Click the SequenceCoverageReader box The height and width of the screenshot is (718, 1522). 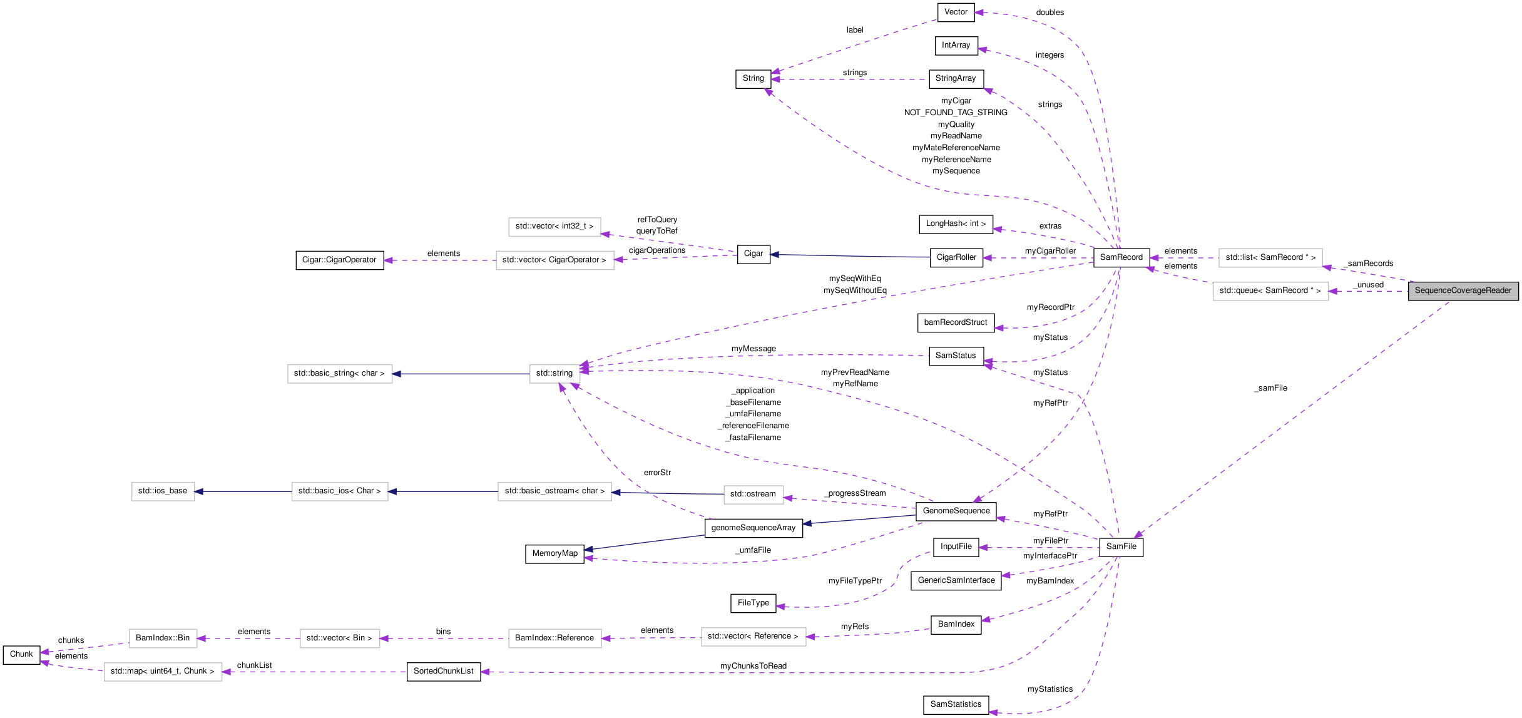[1463, 291]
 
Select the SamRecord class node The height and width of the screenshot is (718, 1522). [1121, 257]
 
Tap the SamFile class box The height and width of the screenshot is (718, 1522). [1121, 546]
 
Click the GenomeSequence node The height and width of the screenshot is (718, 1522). [956, 511]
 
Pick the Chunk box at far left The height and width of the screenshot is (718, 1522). [21, 654]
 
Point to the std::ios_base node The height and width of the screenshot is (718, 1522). [163, 491]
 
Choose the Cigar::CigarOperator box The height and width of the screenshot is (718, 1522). [339, 260]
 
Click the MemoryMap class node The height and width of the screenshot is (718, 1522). [554, 553]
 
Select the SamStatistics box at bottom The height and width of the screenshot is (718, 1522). [956, 704]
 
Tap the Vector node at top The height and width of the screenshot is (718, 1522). [956, 12]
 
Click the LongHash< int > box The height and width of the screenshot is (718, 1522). [956, 223]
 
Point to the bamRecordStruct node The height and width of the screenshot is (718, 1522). [955, 322]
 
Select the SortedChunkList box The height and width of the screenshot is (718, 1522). [443, 671]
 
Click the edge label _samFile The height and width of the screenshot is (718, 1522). [1270, 388]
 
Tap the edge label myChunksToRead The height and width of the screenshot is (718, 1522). [753, 666]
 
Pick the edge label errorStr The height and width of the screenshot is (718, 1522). [657, 473]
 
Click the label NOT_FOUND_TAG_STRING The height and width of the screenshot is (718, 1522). [956, 113]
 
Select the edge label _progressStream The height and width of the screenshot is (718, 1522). [855, 493]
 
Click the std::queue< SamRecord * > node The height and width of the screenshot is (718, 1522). [1270, 291]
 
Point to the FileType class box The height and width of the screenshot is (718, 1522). [753, 603]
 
